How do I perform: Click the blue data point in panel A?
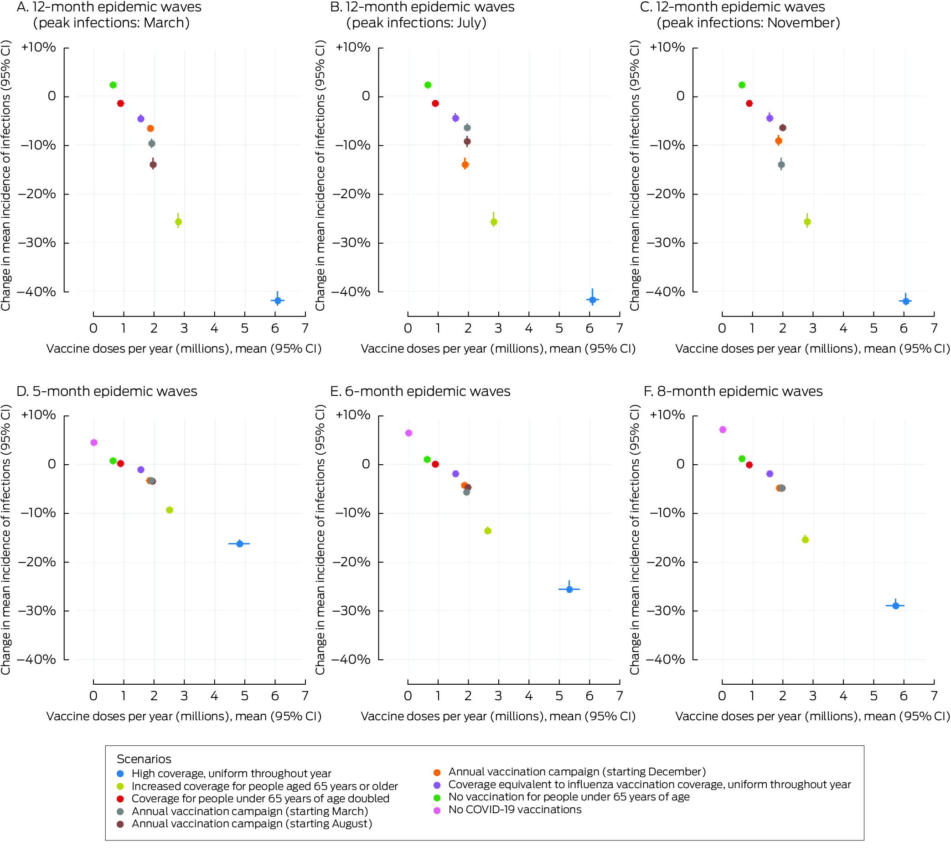277,300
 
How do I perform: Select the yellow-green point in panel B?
493,221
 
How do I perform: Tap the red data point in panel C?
749,103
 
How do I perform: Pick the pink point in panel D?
93,442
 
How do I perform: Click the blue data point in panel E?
569,589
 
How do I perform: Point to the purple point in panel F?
770,474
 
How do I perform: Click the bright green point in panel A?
113,85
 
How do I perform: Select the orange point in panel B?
465,164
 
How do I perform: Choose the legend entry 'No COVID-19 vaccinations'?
514,810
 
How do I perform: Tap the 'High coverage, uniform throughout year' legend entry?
231,773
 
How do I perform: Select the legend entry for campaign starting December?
576,771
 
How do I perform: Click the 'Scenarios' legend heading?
144,759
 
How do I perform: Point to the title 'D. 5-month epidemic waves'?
107,391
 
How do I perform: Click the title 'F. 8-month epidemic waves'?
733,391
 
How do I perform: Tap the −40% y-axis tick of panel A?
37,292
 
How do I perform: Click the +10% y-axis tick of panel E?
352,415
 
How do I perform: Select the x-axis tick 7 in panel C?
934,328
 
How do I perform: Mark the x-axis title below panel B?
498,349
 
